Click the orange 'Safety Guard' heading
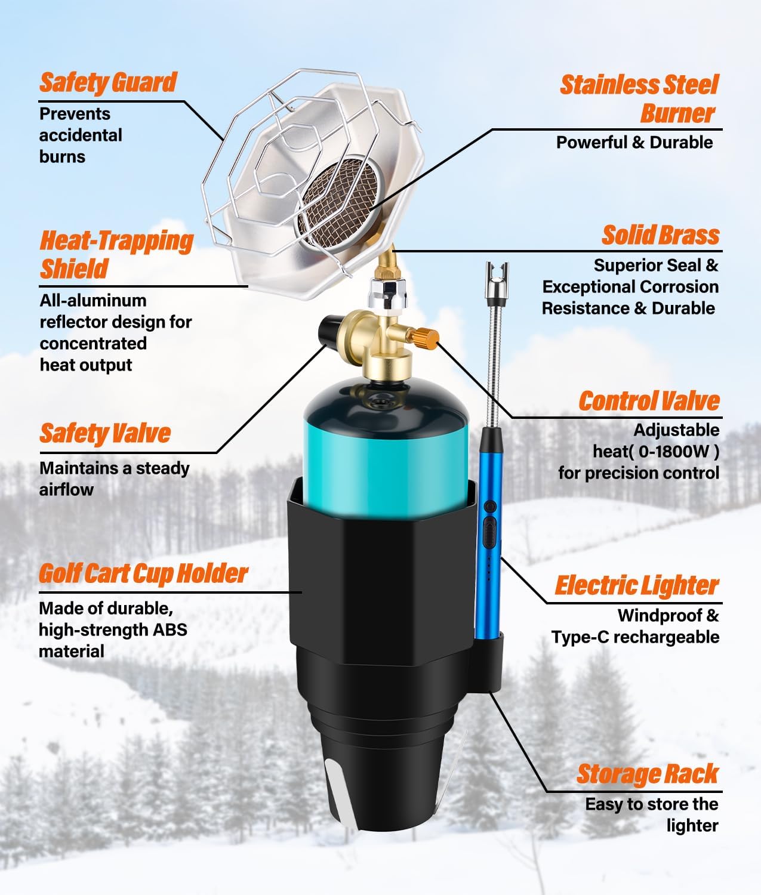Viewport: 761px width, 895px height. click(108, 82)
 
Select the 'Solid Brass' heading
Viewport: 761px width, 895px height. click(660, 235)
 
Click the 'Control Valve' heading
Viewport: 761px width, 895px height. click(649, 401)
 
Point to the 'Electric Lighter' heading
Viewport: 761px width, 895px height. click(636, 586)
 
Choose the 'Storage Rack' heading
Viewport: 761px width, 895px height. click(647, 774)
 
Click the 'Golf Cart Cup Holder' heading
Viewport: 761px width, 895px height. click(143, 574)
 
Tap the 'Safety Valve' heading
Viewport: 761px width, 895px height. click(105, 433)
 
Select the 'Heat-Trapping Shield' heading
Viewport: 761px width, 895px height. click(116, 254)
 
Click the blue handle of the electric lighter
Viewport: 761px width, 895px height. click(488, 537)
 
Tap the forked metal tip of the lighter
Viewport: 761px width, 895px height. click(497, 276)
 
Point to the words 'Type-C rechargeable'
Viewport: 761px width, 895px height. click(635, 637)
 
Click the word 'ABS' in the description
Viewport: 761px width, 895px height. click(170, 629)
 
